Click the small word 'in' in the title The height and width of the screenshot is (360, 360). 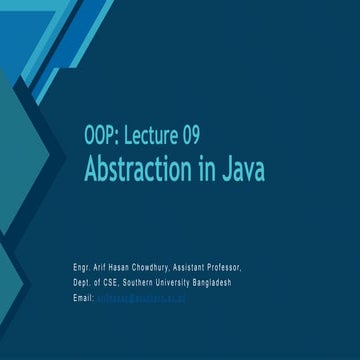(x=207, y=171)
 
